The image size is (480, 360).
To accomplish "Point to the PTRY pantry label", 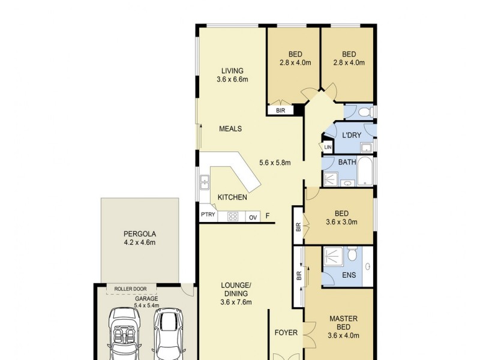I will click(208, 215).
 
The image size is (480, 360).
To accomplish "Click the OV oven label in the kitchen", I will click(253, 217).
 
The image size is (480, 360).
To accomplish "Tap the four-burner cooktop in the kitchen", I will click(233, 217).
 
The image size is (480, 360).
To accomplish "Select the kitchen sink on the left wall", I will click(205, 182).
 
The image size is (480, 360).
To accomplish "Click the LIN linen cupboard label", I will click(328, 148).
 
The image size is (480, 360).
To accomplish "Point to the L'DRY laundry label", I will click(352, 136).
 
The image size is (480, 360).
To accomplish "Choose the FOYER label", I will click(286, 332).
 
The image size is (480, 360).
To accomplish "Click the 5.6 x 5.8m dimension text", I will click(275, 162).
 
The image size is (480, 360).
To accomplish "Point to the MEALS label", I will click(230, 128).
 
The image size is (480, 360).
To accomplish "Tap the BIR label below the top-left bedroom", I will click(280, 110).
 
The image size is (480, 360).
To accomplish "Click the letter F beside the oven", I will click(268, 216).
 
